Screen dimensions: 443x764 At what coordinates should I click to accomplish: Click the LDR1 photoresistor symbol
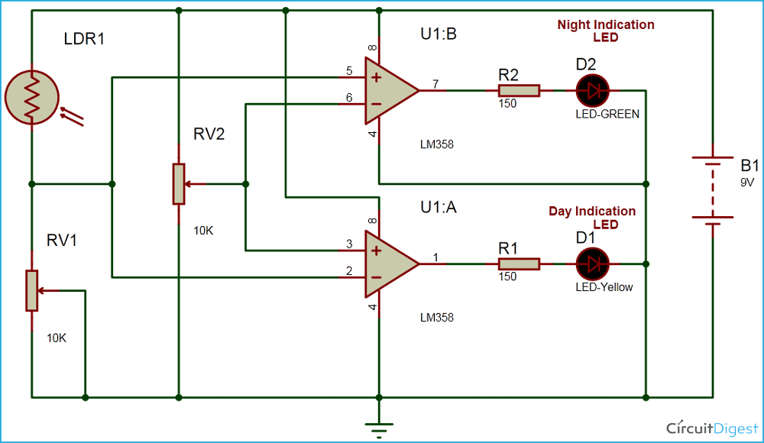(x=32, y=97)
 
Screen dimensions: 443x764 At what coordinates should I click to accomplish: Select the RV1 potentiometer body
(x=31, y=290)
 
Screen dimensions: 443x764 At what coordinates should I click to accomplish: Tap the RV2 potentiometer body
(x=178, y=184)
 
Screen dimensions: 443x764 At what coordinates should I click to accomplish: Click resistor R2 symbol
(x=519, y=91)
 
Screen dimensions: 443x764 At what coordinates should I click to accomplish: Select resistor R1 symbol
(x=519, y=264)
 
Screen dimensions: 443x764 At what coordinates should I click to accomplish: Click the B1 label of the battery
(x=729, y=166)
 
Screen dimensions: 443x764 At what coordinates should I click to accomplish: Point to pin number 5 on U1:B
(x=349, y=71)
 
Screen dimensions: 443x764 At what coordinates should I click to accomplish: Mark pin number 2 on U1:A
(x=349, y=270)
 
